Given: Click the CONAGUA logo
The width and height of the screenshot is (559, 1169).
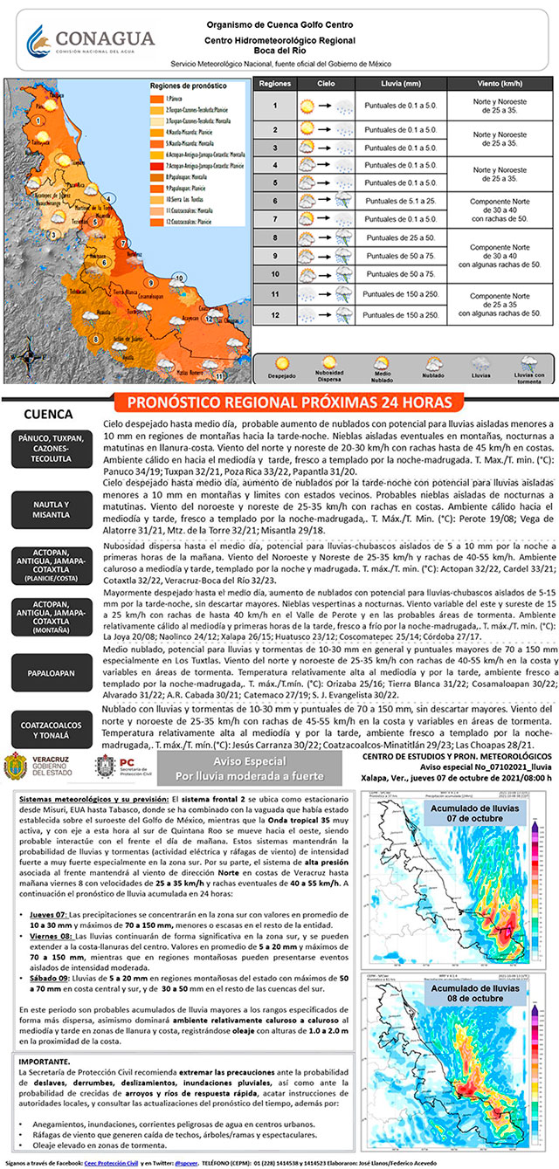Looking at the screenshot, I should [89, 39].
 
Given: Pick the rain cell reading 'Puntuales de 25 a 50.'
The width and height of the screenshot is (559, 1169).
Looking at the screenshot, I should [402, 237].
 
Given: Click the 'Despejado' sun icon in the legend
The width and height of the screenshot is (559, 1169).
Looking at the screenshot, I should [282, 364].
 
